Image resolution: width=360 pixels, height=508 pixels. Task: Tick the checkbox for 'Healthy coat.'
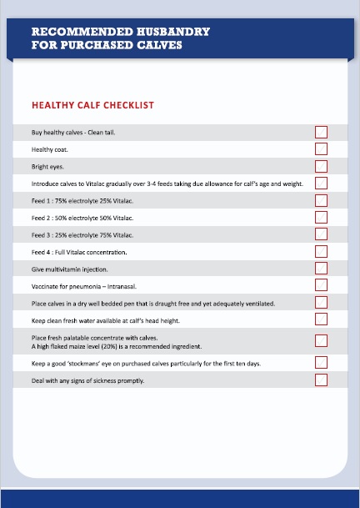pyautogui.click(x=321, y=149)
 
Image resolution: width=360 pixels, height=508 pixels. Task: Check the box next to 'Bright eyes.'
pyautogui.click(x=321, y=166)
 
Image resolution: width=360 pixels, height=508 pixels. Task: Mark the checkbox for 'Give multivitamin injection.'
pyautogui.click(x=321, y=269)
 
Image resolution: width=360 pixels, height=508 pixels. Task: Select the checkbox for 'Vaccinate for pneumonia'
pyautogui.click(x=321, y=285)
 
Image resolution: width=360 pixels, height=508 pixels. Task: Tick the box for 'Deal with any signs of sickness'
pyautogui.click(x=321, y=380)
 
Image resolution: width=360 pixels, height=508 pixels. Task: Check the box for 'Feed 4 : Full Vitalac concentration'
pyautogui.click(x=321, y=251)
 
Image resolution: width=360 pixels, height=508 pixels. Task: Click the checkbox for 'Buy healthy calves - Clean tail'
pyautogui.click(x=321, y=132)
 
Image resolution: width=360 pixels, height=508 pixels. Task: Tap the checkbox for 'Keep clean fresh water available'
pyautogui.click(x=321, y=319)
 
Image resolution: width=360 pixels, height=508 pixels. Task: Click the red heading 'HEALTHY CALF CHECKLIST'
pyautogui.click(x=92, y=106)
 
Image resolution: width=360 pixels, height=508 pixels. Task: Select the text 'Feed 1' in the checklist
pyautogui.click(x=42, y=200)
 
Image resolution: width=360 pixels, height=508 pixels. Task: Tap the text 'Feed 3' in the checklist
pyautogui.click(x=42, y=234)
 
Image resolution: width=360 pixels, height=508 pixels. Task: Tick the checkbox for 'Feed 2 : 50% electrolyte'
pyautogui.click(x=321, y=217)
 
